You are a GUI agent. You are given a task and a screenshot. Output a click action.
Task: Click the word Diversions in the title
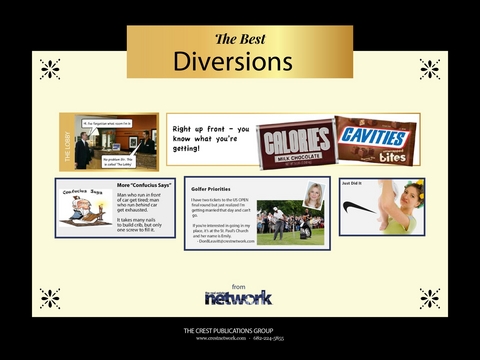233,62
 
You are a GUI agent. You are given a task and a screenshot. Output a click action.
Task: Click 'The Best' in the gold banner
239,39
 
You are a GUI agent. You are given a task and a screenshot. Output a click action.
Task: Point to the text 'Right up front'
200,130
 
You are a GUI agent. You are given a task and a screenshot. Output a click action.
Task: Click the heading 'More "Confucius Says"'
144,185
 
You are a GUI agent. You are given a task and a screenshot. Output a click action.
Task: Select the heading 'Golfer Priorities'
212,188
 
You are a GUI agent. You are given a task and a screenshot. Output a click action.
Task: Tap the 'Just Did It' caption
352,184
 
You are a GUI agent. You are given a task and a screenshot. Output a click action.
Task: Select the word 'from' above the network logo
238,285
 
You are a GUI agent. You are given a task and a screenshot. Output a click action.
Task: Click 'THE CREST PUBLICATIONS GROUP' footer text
239,330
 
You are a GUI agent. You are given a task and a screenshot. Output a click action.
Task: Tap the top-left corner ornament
50,69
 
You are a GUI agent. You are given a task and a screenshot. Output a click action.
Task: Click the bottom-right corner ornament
429,298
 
